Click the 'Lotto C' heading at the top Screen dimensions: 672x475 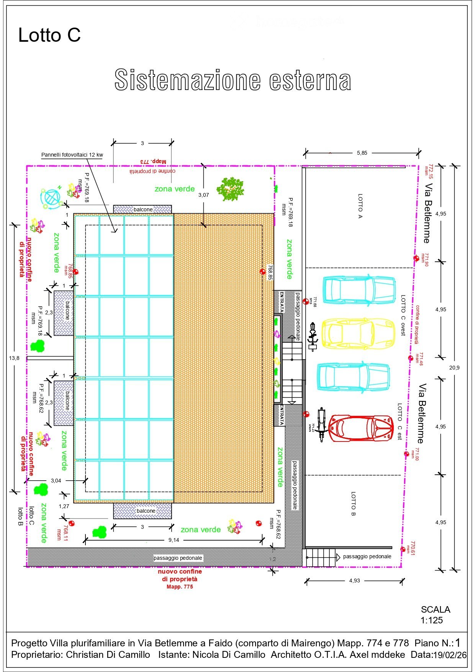tap(49, 35)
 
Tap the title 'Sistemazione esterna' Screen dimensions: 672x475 tap(233, 80)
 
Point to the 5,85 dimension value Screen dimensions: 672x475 tap(362, 153)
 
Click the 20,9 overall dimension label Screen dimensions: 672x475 tap(454, 368)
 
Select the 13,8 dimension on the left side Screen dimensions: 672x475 tap(14, 358)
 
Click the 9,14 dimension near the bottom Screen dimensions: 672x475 tap(174, 540)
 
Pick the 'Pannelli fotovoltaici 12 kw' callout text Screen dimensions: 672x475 tap(72, 155)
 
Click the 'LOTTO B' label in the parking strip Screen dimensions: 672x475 tap(353, 504)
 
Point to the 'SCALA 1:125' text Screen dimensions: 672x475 tap(435, 615)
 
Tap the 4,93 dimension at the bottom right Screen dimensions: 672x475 tap(354, 580)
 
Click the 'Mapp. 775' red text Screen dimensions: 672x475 tap(180, 587)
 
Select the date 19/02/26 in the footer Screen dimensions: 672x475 tap(450, 655)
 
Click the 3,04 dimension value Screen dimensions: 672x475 tap(56, 481)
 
